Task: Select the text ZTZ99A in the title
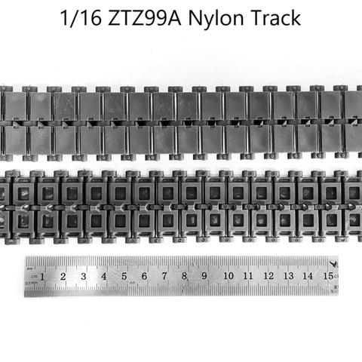click(x=145, y=17)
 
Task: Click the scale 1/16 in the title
click(x=81, y=17)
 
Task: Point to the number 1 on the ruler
click(x=42, y=277)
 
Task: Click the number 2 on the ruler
click(x=63, y=277)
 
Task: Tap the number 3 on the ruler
click(x=84, y=277)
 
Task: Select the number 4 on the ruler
click(x=104, y=277)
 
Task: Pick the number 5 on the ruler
click(x=124, y=277)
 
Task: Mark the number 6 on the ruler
click(x=144, y=276)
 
